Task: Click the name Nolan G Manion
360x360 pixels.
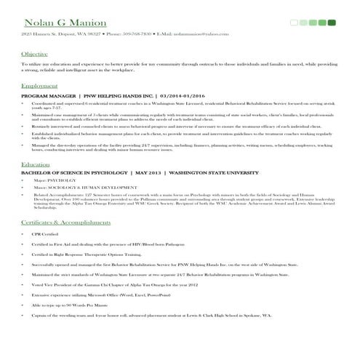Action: click(55, 22)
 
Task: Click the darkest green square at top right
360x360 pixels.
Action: click(332, 23)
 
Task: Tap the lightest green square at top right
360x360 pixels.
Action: click(294, 23)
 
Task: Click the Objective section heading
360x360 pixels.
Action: click(34, 55)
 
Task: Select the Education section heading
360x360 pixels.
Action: click(36, 164)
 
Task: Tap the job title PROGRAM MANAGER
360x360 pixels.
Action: click(49, 96)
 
